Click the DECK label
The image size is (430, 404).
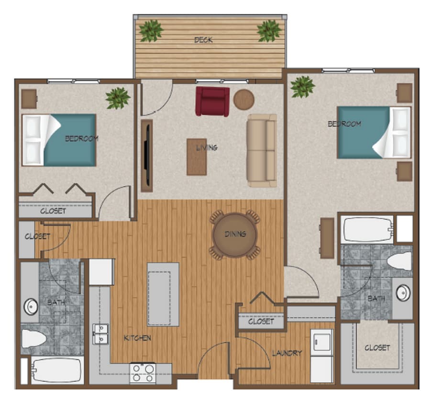click(x=203, y=40)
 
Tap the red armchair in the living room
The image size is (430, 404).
click(x=212, y=101)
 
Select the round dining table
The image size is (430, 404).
click(x=235, y=235)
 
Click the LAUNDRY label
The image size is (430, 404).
click(x=287, y=353)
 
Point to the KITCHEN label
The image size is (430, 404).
click(x=137, y=338)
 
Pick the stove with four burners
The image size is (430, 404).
click(x=143, y=372)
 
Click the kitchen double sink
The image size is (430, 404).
click(x=100, y=333)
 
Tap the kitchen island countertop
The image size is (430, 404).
click(x=163, y=294)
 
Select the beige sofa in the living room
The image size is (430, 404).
click(x=262, y=150)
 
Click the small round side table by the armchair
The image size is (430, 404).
click(x=244, y=100)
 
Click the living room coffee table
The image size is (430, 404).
click(x=197, y=157)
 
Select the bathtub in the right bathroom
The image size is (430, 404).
click(x=368, y=230)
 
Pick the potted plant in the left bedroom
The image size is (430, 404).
click(x=118, y=98)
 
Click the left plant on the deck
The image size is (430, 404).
click(x=151, y=30)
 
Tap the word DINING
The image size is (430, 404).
click(x=235, y=234)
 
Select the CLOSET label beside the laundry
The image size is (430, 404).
click(x=261, y=322)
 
